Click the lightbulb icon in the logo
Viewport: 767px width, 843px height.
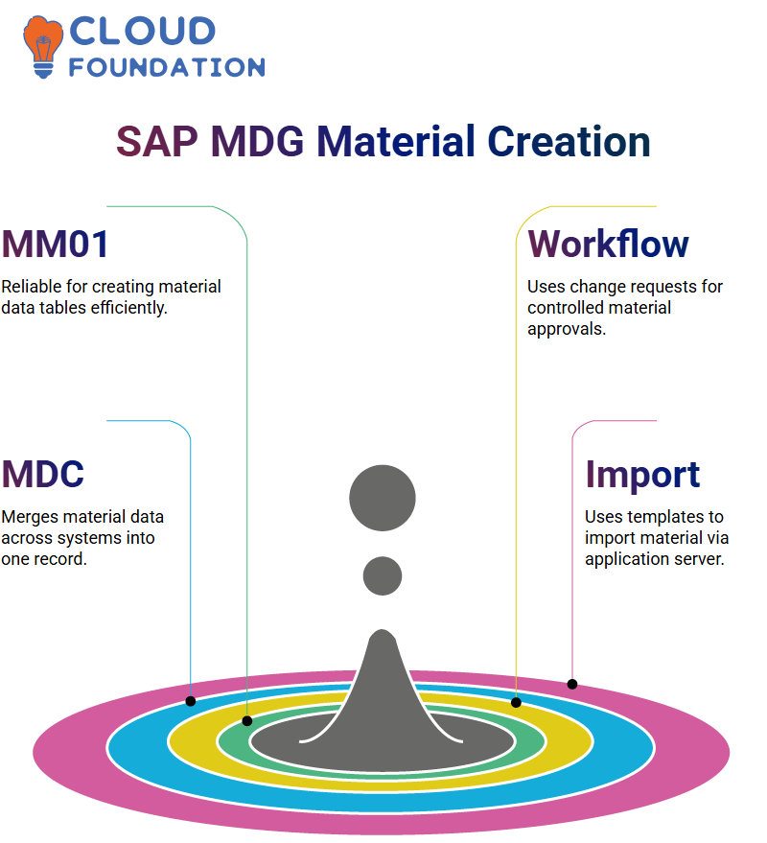click(x=43, y=47)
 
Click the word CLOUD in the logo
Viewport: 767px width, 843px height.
click(x=143, y=32)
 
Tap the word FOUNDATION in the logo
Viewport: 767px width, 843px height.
click(x=167, y=67)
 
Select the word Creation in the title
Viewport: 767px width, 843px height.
click(x=569, y=141)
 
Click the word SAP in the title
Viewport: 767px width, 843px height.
click(x=157, y=141)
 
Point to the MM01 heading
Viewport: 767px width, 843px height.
click(x=56, y=245)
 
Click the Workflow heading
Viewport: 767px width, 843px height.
click(x=608, y=244)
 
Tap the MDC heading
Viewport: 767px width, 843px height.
click(x=43, y=474)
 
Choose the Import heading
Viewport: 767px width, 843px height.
click(x=642, y=475)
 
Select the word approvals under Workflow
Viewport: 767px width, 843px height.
click(x=567, y=329)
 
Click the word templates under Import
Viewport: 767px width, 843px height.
click(x=665, y=517)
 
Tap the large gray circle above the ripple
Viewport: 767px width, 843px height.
click(x=383, y=498)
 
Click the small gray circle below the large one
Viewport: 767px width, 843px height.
click(x=383, y=575)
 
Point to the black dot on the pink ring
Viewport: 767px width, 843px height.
click(x=572, y=685)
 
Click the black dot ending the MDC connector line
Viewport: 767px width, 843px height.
click(x=191, y=701)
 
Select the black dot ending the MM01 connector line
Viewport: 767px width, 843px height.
click(x=247, y=721)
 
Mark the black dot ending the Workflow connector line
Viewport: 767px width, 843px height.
click(x=516, y=702)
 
